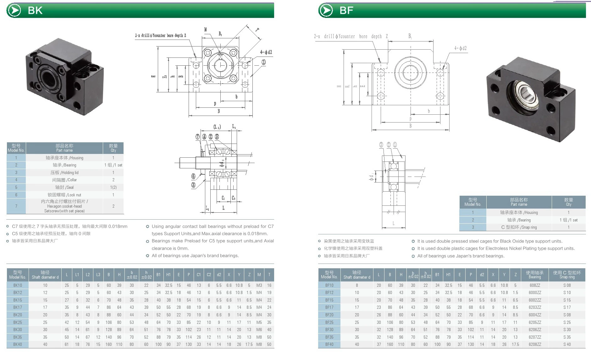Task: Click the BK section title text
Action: click(x=35, y=10)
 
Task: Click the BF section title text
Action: click(x=346, y=10)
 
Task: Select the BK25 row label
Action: click(x=18, y=322)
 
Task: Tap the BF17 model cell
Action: click(x=329, y=307)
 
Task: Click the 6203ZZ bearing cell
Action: click(x=535, y=307)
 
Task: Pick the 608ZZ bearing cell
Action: click(x=535, y=285)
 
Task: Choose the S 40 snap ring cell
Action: click(x=567, y=344)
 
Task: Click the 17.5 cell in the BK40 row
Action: click(x=249, y=344)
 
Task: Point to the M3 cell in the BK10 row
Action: click(x=259, y=285)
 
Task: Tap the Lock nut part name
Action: click(x=64, y=195)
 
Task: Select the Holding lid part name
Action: click(x=64, y=172)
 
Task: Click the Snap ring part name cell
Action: click(x=519, y=227)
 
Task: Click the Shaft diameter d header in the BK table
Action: click(x=45, y=275)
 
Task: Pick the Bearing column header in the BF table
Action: click(x=535, y=275)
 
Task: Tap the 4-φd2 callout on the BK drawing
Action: click(x=266, y=52)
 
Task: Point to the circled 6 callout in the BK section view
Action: click(x=193, y=176)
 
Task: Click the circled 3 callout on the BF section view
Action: click(x=381, y=145)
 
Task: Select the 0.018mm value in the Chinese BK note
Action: click(x=118, y=226)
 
